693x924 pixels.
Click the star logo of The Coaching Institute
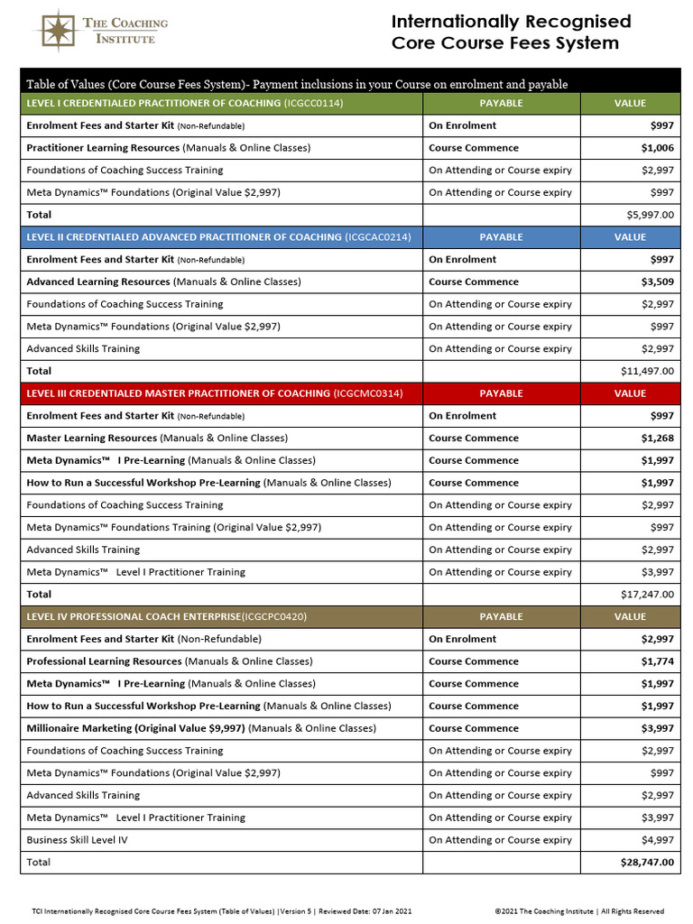point(55,31)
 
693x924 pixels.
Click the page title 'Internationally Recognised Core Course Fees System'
point(511,32)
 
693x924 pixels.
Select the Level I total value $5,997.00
point(648,215)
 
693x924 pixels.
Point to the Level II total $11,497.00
point(646,371)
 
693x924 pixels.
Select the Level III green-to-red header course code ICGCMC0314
point(367,393)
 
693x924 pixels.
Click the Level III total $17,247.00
point(646,595)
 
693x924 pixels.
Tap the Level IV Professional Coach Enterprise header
point(167,617)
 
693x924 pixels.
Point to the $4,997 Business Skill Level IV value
point(656,840)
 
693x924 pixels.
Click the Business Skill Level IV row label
point(77,840)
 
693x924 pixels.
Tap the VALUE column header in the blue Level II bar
point(630,237)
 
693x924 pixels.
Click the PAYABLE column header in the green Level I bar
point(501,103)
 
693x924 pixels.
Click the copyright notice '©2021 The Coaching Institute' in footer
point(579,911)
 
